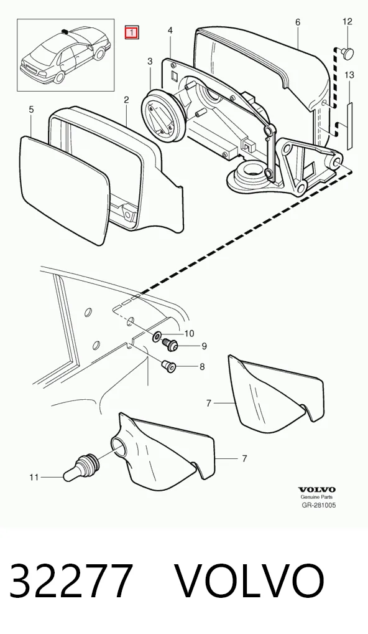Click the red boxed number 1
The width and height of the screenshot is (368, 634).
point(132,33)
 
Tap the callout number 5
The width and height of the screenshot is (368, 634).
point(32,110)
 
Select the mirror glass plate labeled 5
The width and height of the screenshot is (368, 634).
point(65,189)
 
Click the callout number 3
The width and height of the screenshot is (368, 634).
point(150,62)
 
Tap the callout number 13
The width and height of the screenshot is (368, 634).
point(349,75)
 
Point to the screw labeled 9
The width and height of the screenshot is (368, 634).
point(170,345)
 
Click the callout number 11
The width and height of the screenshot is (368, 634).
point(34,477)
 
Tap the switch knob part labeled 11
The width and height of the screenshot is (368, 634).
point(81,468)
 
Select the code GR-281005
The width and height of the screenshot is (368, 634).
point(319,505)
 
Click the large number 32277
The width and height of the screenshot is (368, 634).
point(71,581)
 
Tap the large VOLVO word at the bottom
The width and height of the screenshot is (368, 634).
point(250,581)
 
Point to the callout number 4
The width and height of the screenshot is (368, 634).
point(170,31)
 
